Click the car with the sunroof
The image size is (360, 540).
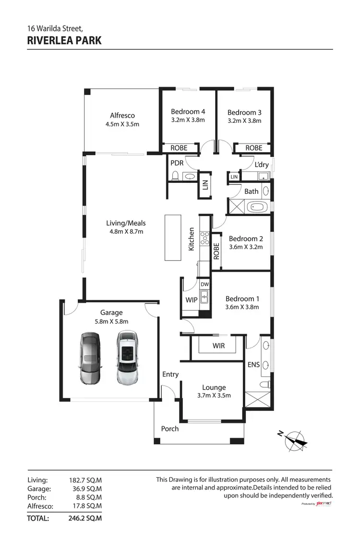click(127, 358)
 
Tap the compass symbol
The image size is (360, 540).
click(295, 440)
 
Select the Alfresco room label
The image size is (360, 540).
click(122, 115)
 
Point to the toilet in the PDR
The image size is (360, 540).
click(176, 177)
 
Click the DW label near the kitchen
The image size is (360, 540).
click(204, 284)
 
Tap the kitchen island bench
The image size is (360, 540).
click(171, 237)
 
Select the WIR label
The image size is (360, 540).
click(218, 346)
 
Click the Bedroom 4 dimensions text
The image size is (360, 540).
click(188, 120)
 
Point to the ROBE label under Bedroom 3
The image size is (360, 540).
click(254, 148)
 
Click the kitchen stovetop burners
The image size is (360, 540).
click(204, 237)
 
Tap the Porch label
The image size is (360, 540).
click(170, 429)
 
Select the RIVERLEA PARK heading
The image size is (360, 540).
click(64, 40)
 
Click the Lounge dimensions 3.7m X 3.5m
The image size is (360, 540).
click(214, 396)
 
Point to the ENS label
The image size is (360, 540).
click(253, 365)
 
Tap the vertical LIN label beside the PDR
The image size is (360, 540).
click(205, 185)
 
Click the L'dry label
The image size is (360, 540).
click(262, 164)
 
